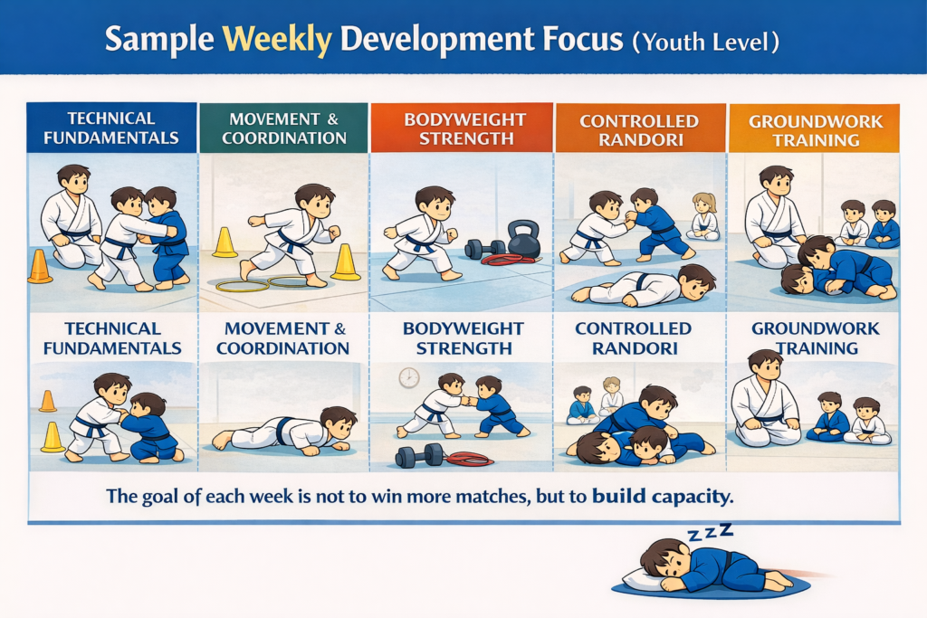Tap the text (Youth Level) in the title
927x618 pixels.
click(x=707, y=41)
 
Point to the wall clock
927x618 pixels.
click(x=408, y=377)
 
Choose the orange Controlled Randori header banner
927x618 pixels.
click(x=639, y=128)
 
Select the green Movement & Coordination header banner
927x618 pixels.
click(x=284, y=128)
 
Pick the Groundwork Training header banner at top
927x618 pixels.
click(x=814, y=128)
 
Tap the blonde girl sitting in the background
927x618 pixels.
click(x=703, y=214)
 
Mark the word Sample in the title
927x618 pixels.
click(x=158, y=41)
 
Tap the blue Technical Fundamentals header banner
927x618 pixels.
click(x=111, y=128)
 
